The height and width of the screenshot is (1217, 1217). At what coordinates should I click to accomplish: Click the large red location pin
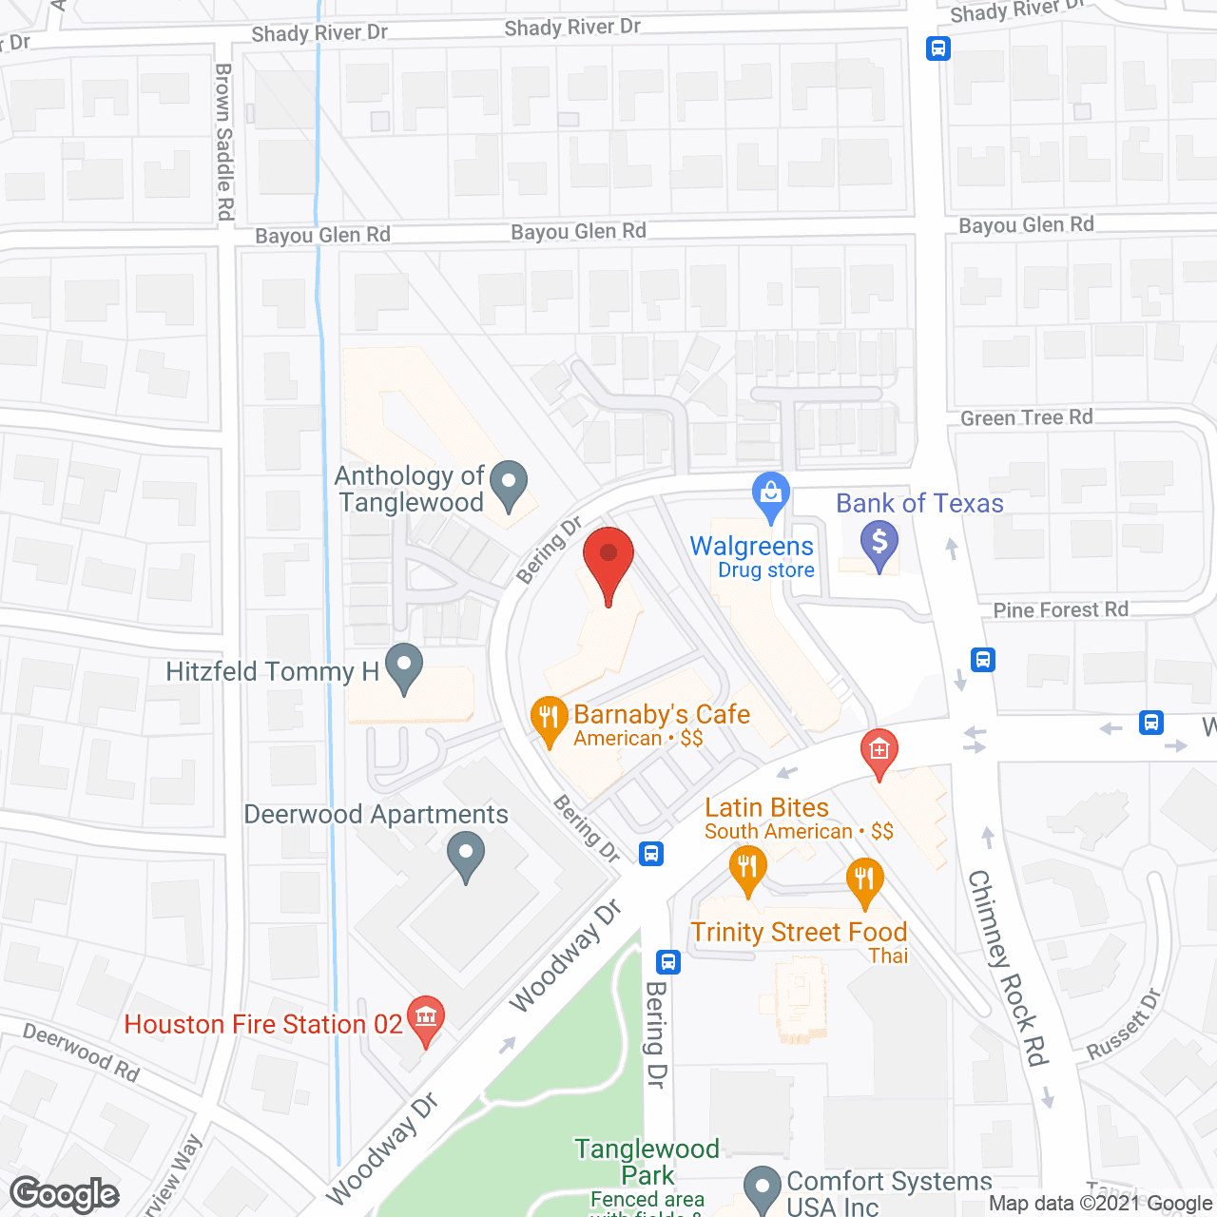click(x=608, y=561)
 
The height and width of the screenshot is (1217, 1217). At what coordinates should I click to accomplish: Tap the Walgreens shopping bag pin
click(x=770, y=495)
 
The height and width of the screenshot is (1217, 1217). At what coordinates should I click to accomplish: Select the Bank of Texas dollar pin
click(x=879, y=545)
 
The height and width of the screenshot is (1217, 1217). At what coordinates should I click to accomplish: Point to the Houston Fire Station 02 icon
click(x=425, y=1018)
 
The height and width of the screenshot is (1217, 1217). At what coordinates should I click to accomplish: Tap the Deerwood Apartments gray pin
click(x=466, y=853)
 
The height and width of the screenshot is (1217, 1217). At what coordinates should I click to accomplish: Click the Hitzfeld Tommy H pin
click(x=404, y=666)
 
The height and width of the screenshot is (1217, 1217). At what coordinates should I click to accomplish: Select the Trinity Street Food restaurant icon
click(x=864, y=879)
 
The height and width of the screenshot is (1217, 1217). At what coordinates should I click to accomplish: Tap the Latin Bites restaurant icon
click(x=747, y=868)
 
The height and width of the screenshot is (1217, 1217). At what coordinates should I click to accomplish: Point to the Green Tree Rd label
click(x=1026, y=417)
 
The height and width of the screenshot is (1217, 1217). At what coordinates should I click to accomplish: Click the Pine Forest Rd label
click(x=1060, y=609)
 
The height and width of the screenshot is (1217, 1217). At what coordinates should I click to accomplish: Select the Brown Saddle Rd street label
click(x=224, y=142)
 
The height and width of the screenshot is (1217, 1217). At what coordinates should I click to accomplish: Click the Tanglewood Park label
click(x=647, y=1161)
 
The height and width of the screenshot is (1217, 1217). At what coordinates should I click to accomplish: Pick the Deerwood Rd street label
click(x=82, y=1052)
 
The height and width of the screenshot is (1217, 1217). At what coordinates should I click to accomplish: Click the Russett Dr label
click(x=1124, y=1024)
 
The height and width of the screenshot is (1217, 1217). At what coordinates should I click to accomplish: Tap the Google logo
click(x=65, y=1194)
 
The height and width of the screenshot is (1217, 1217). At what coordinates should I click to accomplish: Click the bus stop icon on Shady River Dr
click(x=938, y=48)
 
